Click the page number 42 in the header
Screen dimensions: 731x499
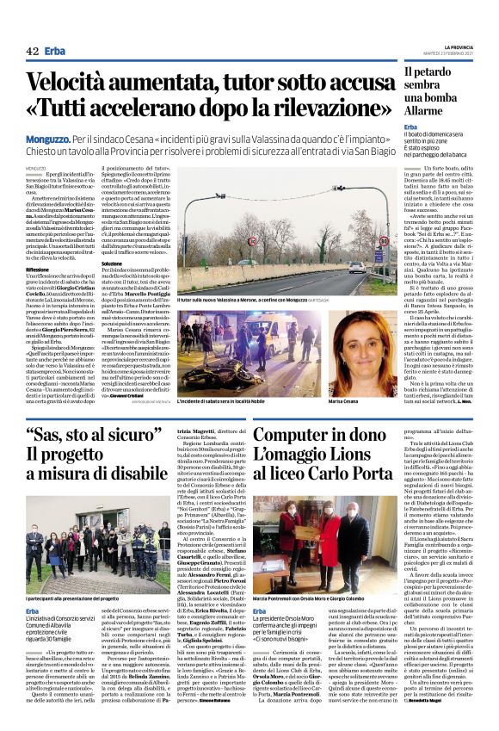point(33,52)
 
